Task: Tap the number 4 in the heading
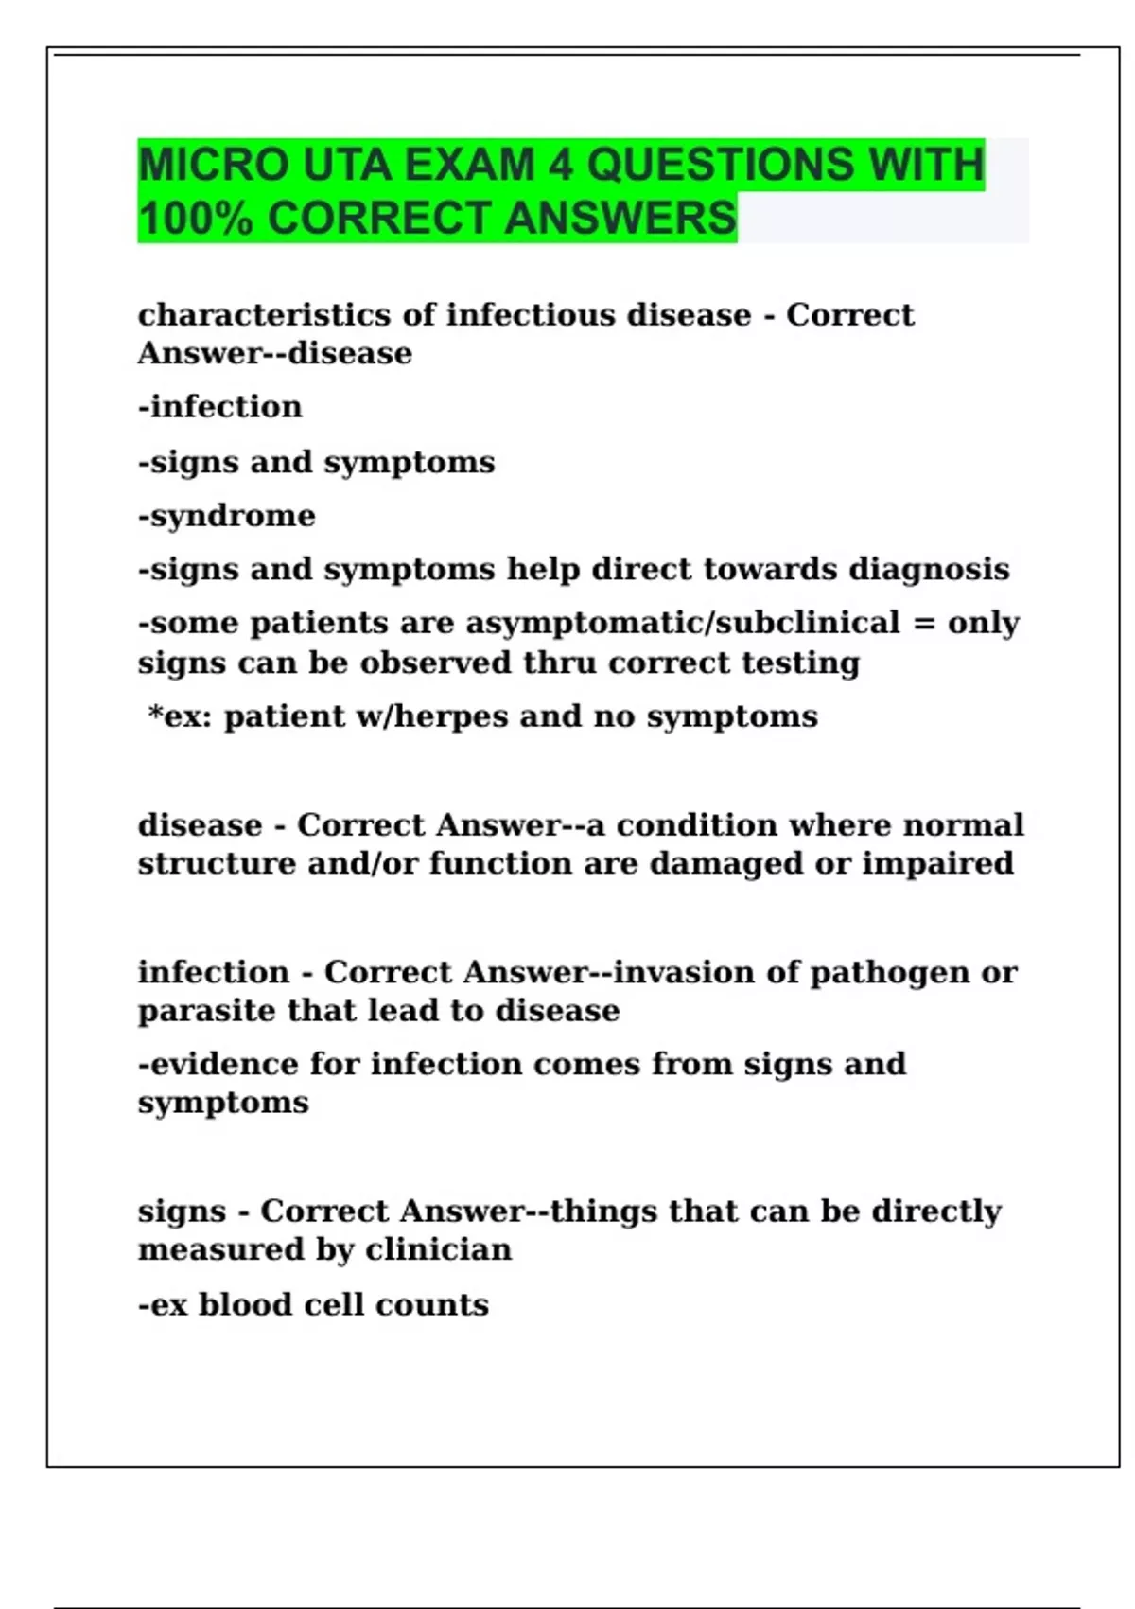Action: pyautogui.click(x=560, y=165)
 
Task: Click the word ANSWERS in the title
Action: pyautogui.click(x=620, y=218)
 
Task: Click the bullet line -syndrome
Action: pyautogui.click(x=227, y=516)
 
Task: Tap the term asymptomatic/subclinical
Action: pyautogui.click(x=683, y=623)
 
